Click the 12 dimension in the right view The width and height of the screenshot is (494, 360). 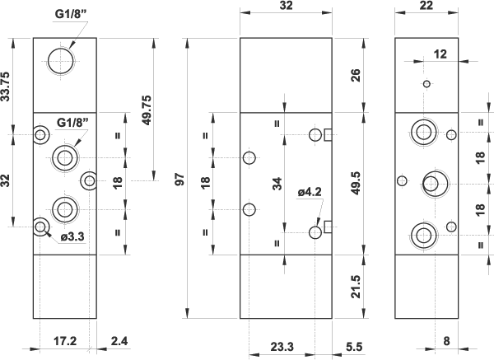click(440, 54)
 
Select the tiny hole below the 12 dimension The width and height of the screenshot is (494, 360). click(426, 84)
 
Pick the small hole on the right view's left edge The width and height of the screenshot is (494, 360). click(401, 181)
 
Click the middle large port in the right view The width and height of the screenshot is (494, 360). click(434, 183)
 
